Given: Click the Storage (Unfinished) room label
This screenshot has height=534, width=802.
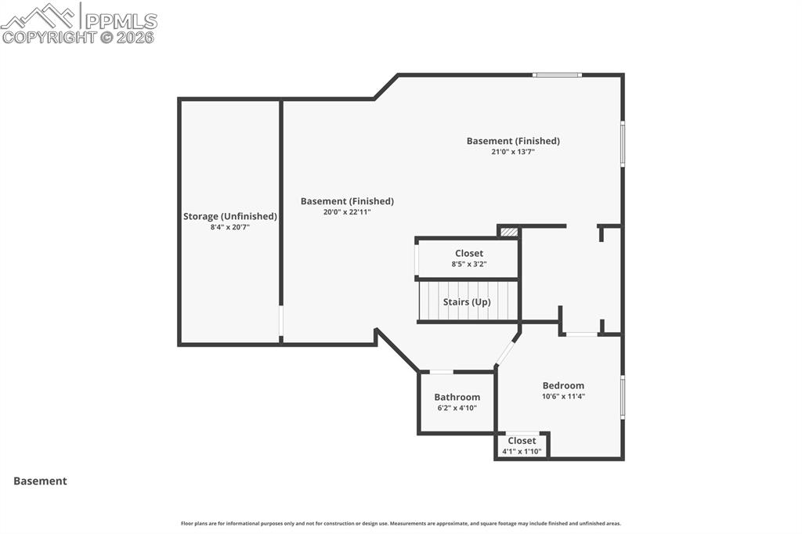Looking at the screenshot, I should [x=229, y=216].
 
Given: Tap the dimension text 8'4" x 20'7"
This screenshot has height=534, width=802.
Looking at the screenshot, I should [x=229, y=227].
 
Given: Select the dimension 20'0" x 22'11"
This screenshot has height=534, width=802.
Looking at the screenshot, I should [x=346, y=212].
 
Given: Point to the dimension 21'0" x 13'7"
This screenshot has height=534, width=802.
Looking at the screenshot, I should [x=513, y=152].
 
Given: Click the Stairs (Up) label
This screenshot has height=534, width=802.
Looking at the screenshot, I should [x=467, y=301].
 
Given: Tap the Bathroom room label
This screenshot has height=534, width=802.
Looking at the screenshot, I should [x=457, y=397].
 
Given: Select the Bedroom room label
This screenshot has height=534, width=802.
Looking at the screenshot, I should [x=563, y=385].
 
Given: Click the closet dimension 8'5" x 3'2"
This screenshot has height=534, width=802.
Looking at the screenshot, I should [x=468, y=265].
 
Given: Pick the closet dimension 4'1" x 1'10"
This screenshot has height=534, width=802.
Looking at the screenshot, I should [x=522, y=452].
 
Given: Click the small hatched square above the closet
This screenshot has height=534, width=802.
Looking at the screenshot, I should [x=509, y=232].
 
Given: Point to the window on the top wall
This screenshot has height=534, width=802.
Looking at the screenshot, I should [x=557, y=75].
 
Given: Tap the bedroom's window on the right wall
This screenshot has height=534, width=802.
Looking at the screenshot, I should [x=623, y=397].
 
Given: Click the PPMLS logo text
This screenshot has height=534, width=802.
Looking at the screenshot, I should [x=120, y=20].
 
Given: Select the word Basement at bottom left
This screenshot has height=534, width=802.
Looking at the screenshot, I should [x=40, y=482].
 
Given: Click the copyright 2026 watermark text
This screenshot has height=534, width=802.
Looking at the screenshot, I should [x=78, y=37].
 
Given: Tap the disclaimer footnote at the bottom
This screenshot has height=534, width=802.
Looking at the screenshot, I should [x=401, y=523].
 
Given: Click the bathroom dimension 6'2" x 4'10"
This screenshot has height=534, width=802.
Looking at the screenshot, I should [x=457, y=408].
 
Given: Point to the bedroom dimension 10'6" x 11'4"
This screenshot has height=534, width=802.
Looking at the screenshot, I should [x=563, y=396].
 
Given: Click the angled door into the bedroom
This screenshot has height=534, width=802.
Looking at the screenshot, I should [x=506, y=353].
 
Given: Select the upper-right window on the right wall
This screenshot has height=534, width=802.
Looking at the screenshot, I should [x=623, y=143].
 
